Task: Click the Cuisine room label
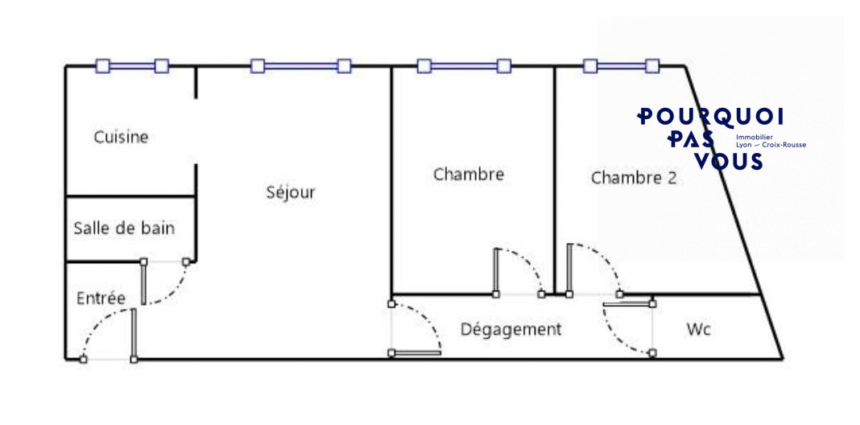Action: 121,137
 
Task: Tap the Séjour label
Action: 291,192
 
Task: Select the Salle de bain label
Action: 124,228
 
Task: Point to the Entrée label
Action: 101,299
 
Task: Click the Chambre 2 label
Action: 634,178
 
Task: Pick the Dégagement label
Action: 511,329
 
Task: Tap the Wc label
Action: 699,329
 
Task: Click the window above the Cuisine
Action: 132,66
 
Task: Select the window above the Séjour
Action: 300,66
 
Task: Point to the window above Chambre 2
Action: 621,66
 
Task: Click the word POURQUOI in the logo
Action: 710,116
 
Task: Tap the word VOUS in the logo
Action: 729,161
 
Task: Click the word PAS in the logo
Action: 691,138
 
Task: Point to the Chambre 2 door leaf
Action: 569,269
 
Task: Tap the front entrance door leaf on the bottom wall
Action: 134,334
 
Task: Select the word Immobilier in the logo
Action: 755,137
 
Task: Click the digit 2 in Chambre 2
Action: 672,178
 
